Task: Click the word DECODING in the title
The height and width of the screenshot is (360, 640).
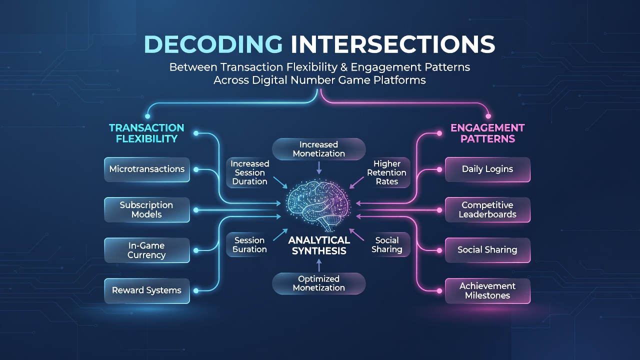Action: pyautogui.click(x=213, y=44)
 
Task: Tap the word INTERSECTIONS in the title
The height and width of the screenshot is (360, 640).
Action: pyautogui.click(x=393, y=44)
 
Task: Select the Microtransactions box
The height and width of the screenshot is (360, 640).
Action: pyautogui.click(x=147, y=169)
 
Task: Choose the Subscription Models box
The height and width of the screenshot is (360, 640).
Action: pyautogui.click(x=147, y=209)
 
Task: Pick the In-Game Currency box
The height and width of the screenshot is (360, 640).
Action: pyautogui.click(x=147, y=250)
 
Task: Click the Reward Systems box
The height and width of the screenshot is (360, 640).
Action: pyautogui.click(x=147, y=291)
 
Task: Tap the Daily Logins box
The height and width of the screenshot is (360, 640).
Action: pyautogui.click(x=487, y=169)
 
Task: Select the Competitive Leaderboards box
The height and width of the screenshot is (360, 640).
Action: pyautogui.click(x=487, y=209)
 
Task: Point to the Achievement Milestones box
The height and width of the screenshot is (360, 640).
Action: pyautogui.click(x=487, y=291)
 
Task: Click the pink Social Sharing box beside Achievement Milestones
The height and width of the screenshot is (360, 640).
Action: pyautogui.click(x=487, y=250)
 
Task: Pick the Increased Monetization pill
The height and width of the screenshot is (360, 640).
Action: pyautogui.click(x=319, y=149)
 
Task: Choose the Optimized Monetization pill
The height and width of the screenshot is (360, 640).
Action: pyautogui.click(x=319, y=283)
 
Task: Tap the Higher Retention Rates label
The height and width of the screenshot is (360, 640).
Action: pyautogui.click(x=386, y=172)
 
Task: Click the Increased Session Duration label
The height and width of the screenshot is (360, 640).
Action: pyautogui.click(x=249, y=172)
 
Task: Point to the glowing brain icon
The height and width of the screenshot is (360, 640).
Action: pyautogui.click(x=318, y=204)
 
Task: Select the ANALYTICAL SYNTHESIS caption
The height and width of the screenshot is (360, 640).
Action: pyautogui.click(x=319, y=245)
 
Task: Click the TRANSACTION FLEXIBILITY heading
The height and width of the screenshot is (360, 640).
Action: pyautogui.click(x=146, y=133)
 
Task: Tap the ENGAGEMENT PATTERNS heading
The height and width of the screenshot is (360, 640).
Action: pyautogui.click(x=487, y=133)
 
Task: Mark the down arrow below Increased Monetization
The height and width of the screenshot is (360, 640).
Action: pyautogui.click(x=319, y=167)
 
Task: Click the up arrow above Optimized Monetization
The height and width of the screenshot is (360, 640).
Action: pyautogui.click(x=319, y=265)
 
